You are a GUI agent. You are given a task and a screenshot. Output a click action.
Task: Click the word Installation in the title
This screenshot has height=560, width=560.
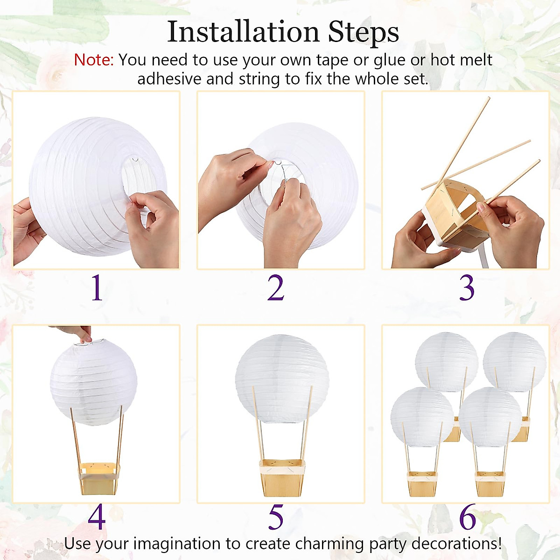coord(243,32)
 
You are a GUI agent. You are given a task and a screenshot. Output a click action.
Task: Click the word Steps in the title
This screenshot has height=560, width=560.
coord(363,32)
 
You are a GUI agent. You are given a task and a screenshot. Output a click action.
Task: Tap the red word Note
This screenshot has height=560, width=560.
coord(93,60)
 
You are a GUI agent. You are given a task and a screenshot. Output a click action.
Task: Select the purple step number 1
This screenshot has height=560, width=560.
coord(97,288)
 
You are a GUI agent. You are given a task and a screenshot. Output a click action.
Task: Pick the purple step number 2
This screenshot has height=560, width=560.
coord(276,288)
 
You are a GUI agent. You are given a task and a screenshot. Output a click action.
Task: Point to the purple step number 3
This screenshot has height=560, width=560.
coord(466,288)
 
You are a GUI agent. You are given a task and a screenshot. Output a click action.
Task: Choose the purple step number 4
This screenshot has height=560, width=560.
coord(97,517)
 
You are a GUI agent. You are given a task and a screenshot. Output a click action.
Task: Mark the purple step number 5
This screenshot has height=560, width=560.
coord(276,517)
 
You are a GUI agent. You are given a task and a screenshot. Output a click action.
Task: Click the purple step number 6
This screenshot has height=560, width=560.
coord(467,517)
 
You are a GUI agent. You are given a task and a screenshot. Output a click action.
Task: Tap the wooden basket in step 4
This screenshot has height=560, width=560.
coord(98,478)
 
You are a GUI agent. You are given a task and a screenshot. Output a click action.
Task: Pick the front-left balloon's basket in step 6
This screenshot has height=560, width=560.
coord(422,483)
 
